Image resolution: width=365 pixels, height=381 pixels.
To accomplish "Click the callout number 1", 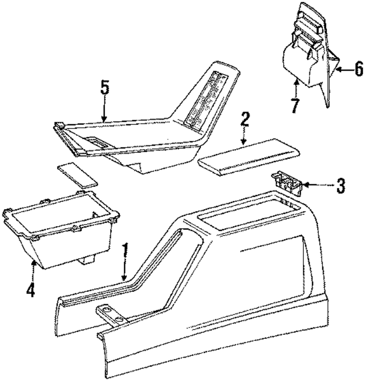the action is coord(125,251).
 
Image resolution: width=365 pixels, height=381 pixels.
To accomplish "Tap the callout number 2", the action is coord(245,120).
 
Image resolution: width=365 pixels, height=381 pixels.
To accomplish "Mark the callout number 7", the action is coord(294,106).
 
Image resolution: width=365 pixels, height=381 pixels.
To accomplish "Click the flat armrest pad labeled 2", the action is coord(248,155).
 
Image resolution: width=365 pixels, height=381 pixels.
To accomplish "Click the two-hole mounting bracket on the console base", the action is coord(111,314).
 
